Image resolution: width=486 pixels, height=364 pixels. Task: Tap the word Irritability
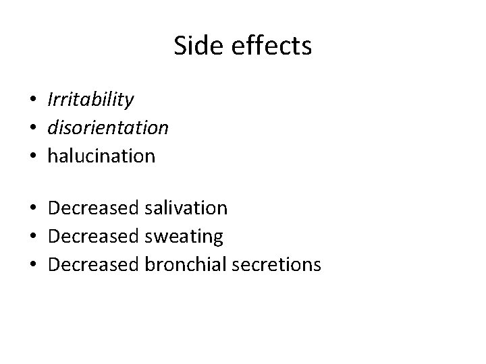[90, 100]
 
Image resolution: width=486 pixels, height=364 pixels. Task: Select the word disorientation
[108, 128]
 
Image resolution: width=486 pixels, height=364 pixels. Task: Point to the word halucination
[101, 156]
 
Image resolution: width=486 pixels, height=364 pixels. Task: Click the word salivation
[186, 208]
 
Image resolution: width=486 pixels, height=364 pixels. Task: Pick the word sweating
[184, 237]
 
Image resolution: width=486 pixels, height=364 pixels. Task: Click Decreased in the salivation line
[94, 208]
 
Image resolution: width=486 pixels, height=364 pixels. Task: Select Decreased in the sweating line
[94, 237]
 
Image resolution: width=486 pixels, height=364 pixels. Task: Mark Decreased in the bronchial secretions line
[94, 264]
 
